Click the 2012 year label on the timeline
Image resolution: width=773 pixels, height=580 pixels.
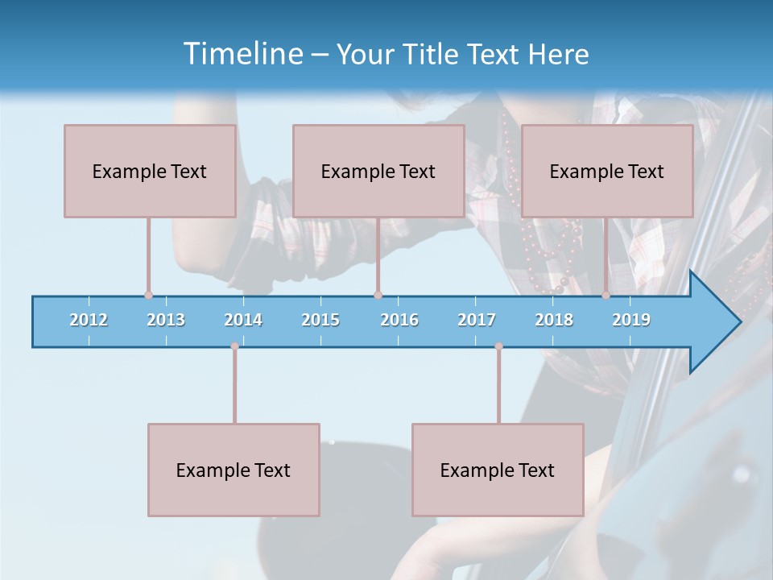point(89,320)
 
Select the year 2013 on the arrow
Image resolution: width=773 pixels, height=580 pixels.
point(166,320)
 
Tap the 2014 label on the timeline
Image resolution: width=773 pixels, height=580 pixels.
point(243,320)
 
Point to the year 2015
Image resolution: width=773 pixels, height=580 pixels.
point(320,320)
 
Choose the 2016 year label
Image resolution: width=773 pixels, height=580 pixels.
point(399,320)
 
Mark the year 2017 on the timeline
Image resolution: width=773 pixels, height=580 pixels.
point(477,320)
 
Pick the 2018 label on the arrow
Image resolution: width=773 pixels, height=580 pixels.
point(554,320)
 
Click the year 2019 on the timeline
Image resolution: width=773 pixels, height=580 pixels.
point(631,320)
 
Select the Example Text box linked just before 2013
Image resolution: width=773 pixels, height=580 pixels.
point(150,171)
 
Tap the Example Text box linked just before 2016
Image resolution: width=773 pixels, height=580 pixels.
point(378,171)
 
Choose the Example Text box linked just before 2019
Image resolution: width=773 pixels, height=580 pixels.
point(607,171)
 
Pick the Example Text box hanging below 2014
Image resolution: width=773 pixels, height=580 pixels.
point(234,470)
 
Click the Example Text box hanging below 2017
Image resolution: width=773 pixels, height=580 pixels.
point(498,470)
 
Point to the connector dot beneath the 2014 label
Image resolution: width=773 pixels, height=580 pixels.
point(234,346)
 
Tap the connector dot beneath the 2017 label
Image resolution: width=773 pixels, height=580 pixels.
point(498,346)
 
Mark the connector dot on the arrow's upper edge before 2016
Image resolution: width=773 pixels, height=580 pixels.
point(378,295)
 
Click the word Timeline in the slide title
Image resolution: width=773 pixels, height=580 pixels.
point(243,54)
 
